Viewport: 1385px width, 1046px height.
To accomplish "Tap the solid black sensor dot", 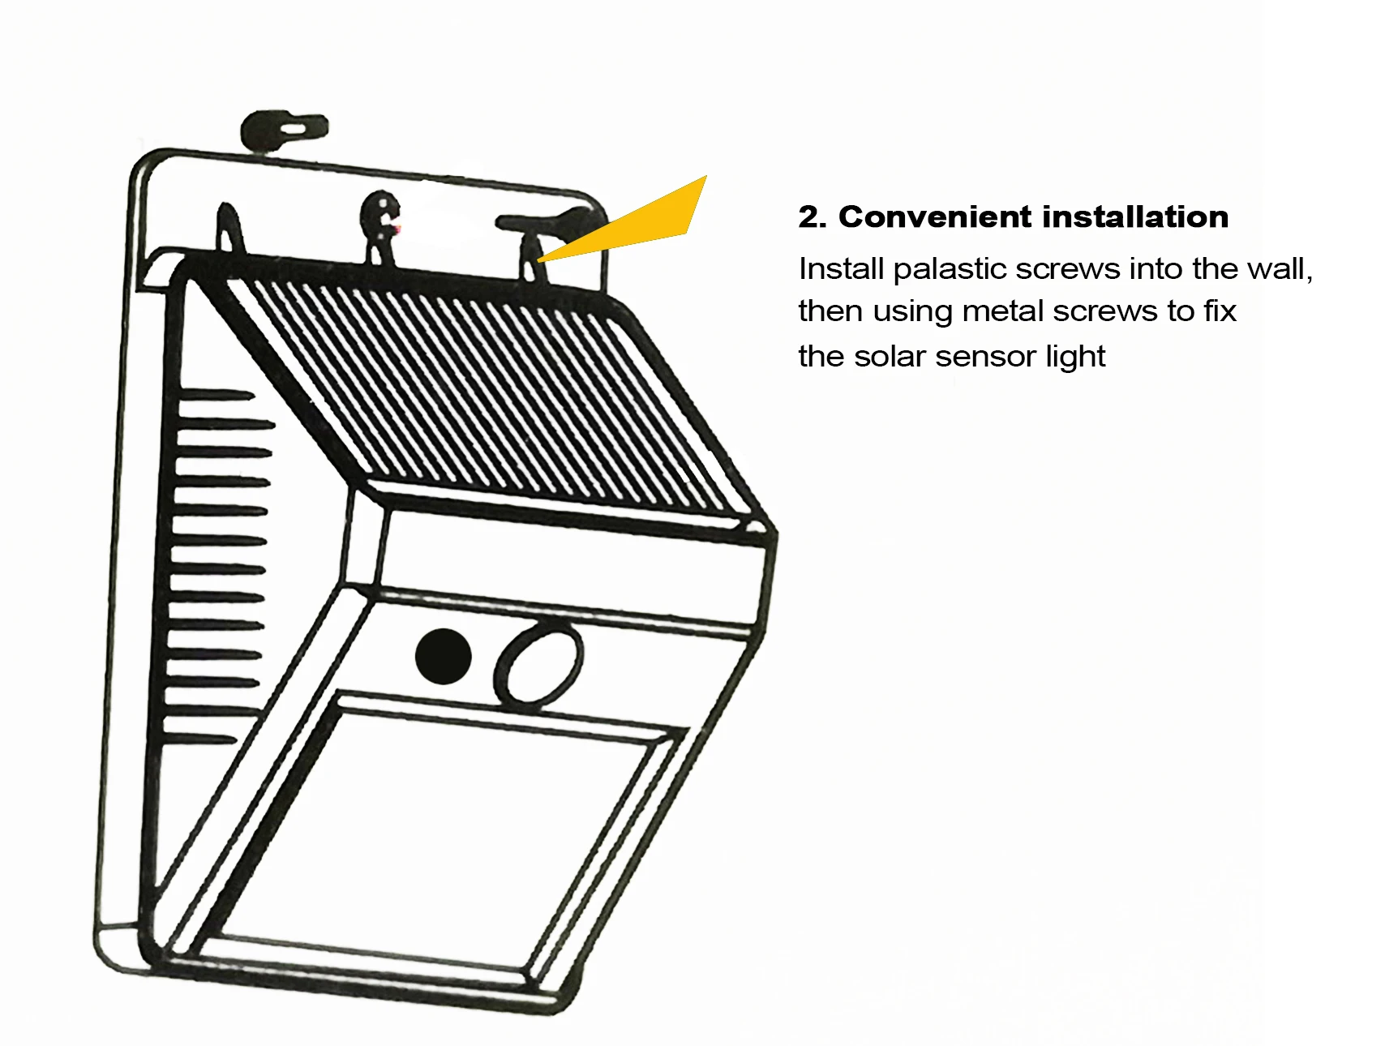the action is coord(443,655).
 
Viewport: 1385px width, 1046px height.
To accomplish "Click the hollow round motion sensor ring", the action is coord(538,662).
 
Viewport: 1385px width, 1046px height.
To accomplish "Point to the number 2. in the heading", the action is coord(813,217).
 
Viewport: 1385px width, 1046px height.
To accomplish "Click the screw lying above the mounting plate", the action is coord(284,130).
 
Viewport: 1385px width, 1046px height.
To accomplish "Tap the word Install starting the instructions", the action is coord(840,269).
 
